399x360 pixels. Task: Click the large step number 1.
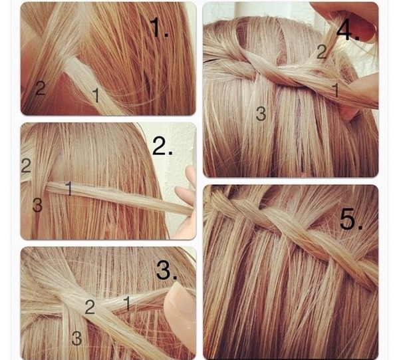159,27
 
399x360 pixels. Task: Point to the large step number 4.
348,31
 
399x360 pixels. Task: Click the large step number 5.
351,219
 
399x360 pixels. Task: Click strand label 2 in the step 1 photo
40,88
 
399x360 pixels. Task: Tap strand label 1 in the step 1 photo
96,95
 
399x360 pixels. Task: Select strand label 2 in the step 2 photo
26,166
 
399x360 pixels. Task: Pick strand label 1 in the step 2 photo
68,188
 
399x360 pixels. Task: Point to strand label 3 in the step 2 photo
37,205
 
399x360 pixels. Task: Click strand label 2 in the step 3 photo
90,307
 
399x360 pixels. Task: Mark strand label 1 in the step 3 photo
127,303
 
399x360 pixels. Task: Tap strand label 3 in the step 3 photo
76,338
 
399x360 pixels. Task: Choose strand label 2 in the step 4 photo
322,52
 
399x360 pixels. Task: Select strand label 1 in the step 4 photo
336,90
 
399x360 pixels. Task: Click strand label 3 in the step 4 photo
261,114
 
